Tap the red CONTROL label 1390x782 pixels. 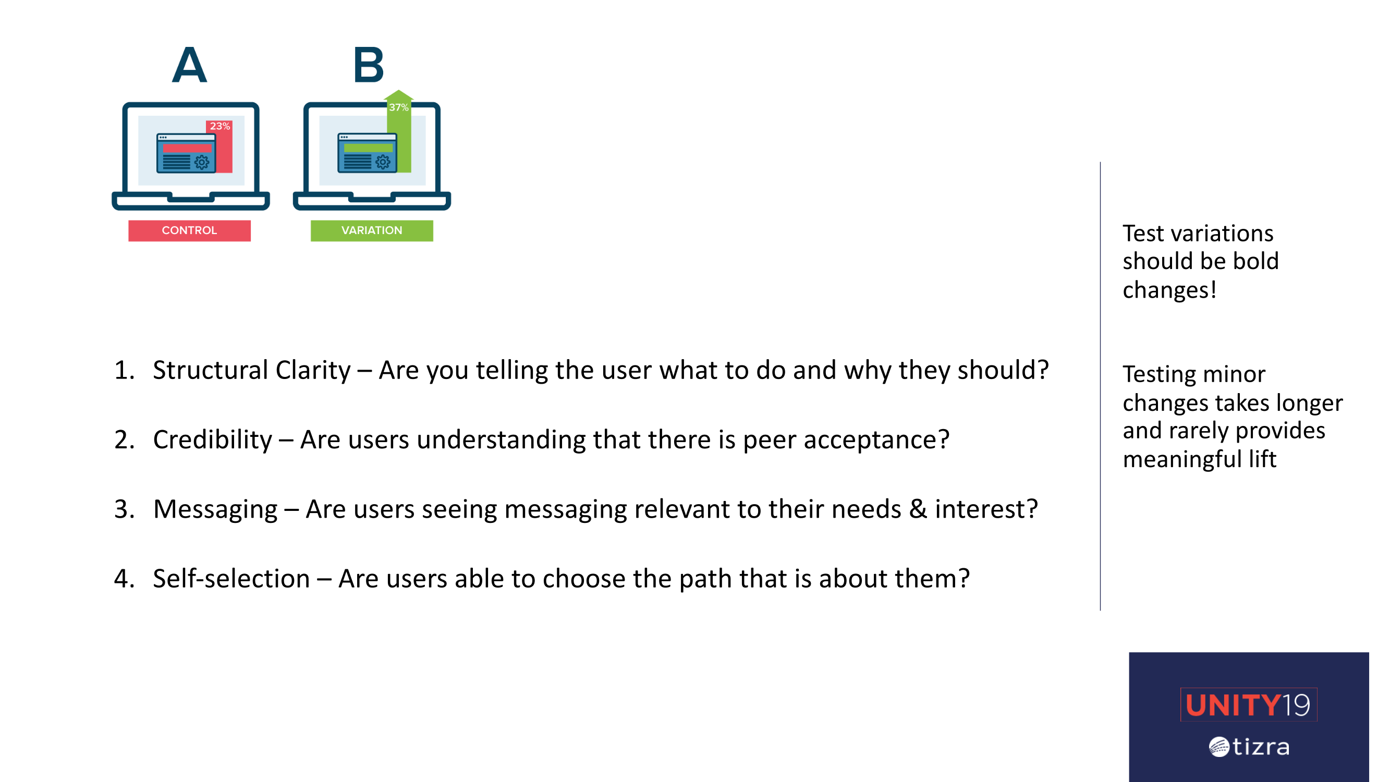click(x=189, y=230)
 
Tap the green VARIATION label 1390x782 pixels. click(x=372, y=230)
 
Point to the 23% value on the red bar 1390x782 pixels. click(x=220, y=126)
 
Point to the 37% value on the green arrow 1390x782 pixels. click(x=399, y=107)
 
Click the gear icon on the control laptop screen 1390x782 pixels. click(x=202, y=162)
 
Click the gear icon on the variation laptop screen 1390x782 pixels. click(x=383, y=162)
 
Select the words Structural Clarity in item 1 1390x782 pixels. click(x=252, y=370)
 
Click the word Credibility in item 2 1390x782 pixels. click(x=213, y=440)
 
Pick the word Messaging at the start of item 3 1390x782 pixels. click(x=215, y=509)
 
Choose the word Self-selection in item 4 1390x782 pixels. click(x=231, y=579)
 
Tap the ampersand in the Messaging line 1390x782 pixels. click(x=918, y=509)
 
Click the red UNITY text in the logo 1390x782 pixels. click(x=1233, y=705)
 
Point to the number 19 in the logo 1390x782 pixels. click(x=1296, y=705)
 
